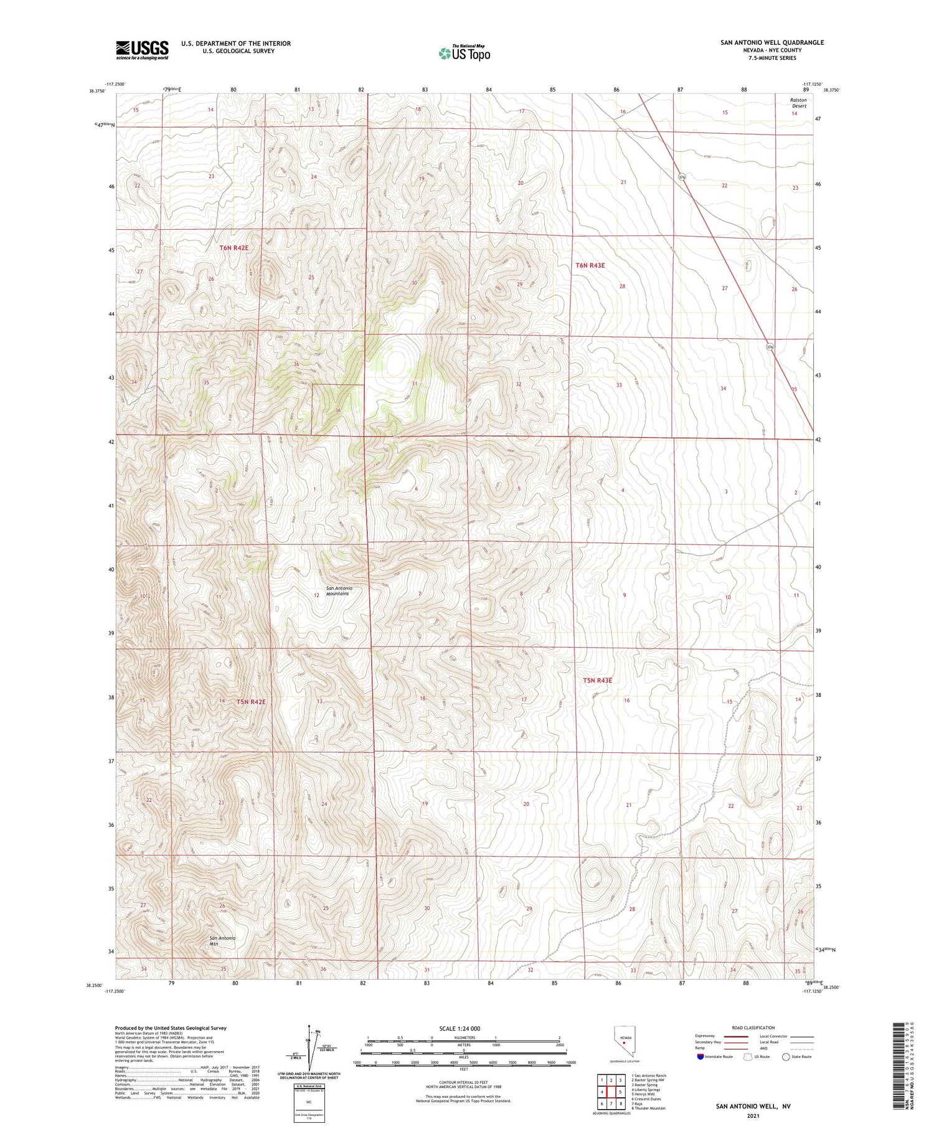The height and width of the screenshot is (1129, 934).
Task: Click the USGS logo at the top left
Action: tap(142, 50)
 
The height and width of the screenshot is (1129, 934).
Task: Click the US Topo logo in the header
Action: tap(464, 53)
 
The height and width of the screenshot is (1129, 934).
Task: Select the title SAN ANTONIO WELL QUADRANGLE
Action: tap(771, 42)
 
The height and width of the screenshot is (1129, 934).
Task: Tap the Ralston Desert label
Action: tap(798, 103)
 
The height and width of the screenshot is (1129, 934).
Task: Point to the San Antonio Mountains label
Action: tap(339, 591)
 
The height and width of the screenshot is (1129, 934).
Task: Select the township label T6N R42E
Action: tap(234, 248)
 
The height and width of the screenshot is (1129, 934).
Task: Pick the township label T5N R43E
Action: tap(597, 681)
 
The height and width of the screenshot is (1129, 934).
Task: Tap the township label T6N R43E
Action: tap(590, 265)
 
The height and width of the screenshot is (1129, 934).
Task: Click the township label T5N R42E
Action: tap(251, 702)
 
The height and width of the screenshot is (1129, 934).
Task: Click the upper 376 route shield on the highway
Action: tap(682, 177)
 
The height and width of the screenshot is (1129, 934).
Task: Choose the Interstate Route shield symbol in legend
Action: tap(701, 1057)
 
